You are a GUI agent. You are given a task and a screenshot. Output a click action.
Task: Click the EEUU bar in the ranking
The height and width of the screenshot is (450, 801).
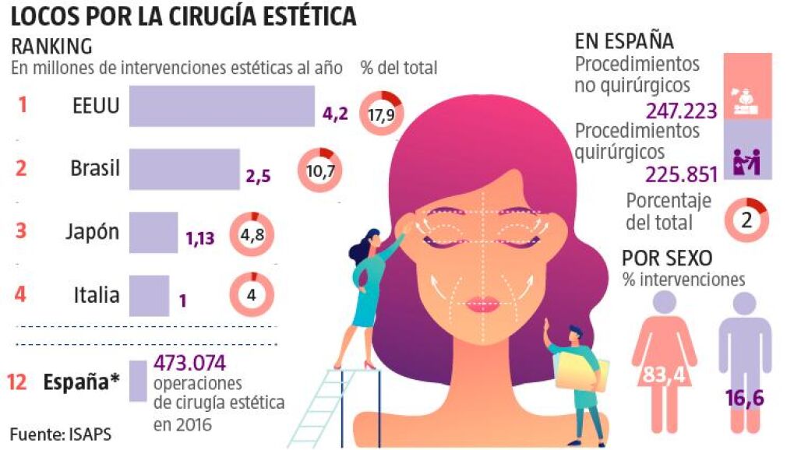(221, 105)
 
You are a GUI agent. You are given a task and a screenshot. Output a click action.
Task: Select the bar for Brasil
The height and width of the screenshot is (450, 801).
(184, 168)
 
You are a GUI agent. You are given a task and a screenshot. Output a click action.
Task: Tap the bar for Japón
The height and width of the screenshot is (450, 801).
(153, 232)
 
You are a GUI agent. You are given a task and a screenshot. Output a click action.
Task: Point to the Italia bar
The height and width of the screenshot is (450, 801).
(148, 295)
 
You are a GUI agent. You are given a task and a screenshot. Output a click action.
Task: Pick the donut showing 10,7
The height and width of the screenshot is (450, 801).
(319, 169)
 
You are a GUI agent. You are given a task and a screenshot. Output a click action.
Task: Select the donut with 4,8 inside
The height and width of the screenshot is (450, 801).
(251, 233)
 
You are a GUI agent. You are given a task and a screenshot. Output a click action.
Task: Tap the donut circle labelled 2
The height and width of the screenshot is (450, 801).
(746, 220)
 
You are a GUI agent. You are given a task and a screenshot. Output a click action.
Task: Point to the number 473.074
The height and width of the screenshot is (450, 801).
(189, 363)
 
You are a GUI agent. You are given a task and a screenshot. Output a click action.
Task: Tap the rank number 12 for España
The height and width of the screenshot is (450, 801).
(19, 381)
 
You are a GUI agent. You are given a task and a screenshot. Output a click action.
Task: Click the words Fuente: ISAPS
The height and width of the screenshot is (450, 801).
(60, 433)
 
